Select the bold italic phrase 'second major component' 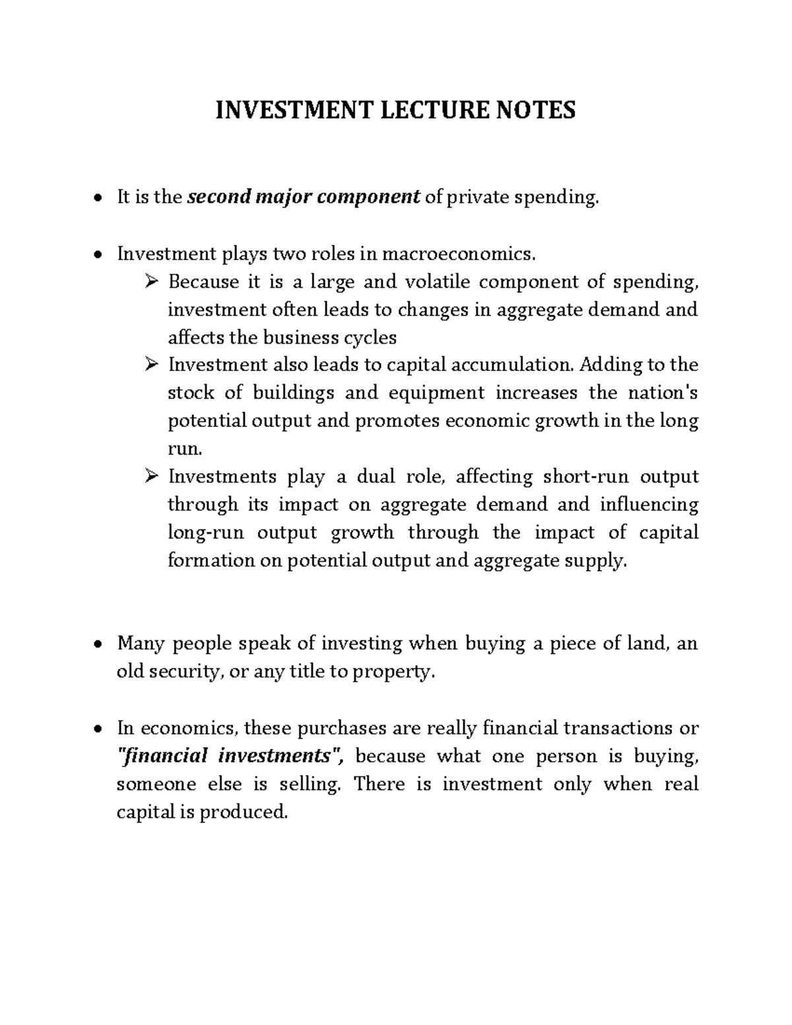(304, 197)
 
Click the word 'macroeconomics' (455, 253)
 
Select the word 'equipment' (436, 393)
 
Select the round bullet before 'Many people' (98, 644)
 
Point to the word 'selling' (310, 784)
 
